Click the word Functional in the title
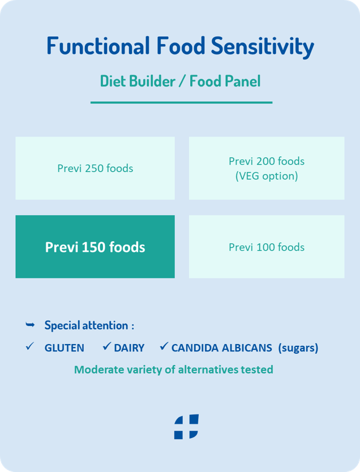point(98,46)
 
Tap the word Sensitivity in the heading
point(263,46)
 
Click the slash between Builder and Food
point(182,81)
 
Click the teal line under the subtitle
point(182,102)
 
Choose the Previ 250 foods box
point(95,168)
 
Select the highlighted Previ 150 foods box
point(95,247)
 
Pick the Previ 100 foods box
point(267,247)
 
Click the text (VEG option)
point(267,176)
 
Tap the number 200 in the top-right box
point(265,161)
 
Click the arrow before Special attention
point(30,324)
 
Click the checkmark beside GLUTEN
point(30,346)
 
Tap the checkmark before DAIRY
point(107,346)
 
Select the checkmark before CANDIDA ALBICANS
point(164,346)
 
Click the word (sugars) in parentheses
point(298,348)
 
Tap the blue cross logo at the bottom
point(186,427)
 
